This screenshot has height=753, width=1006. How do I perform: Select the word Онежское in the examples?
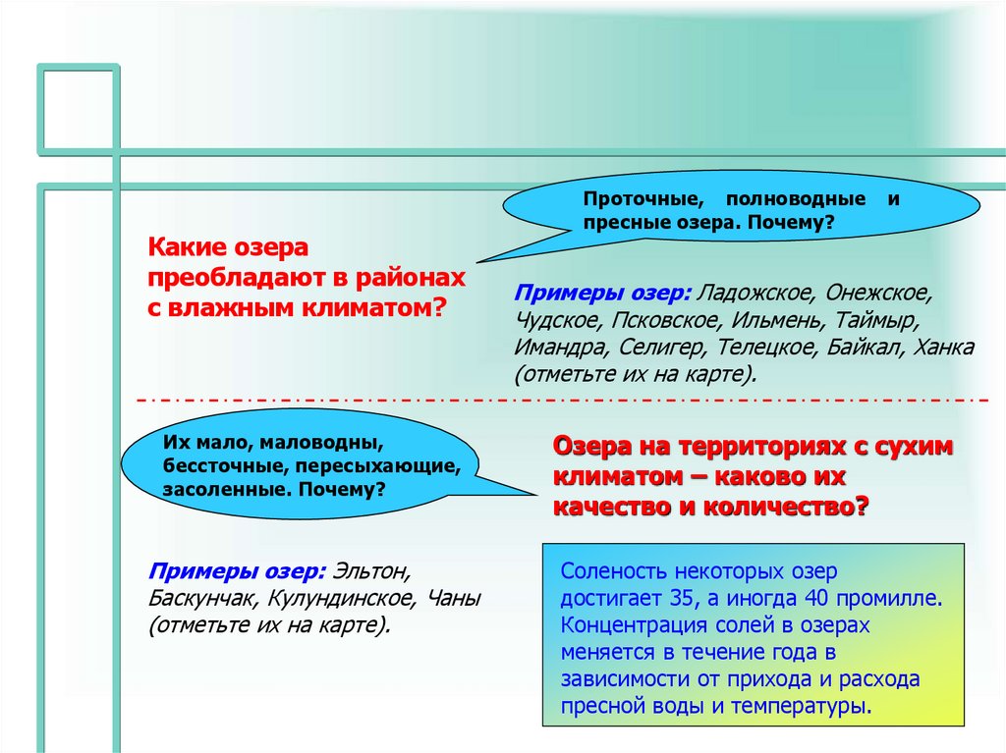point(877,294)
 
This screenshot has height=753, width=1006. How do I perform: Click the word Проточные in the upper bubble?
point(632,198)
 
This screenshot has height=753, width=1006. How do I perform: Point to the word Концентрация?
point(628,624)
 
